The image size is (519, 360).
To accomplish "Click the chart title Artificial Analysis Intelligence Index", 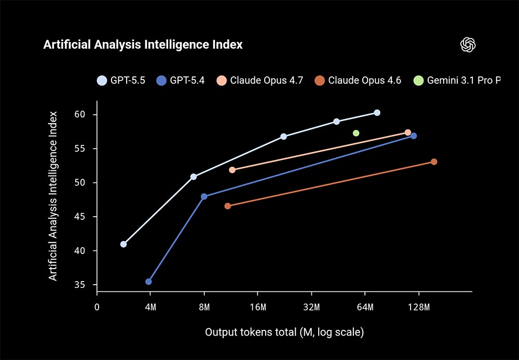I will tap(143, 45).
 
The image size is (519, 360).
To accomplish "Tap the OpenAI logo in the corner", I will tap(468, 45).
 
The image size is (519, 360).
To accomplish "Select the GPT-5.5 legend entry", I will tap(121, 81).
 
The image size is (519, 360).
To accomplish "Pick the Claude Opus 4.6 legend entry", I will tap(358, 81).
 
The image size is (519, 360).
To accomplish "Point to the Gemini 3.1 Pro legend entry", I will tap(457, 81).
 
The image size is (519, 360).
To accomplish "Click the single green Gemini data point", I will tap(356, 133).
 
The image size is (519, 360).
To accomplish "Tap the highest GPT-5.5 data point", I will tap(377, 113).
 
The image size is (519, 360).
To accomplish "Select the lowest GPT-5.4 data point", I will tap(148, 282).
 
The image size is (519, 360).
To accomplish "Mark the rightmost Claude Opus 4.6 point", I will tap(434, 162).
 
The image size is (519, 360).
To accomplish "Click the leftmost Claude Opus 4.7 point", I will tap(232, 170).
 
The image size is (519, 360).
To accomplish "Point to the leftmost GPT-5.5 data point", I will tap(124, 244).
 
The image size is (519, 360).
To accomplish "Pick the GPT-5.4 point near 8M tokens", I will tap(204, 196).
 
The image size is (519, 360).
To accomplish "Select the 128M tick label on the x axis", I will tap(419, 307).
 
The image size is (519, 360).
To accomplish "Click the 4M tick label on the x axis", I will tap(151, 307).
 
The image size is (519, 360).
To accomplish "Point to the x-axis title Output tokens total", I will tap(284, 332).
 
